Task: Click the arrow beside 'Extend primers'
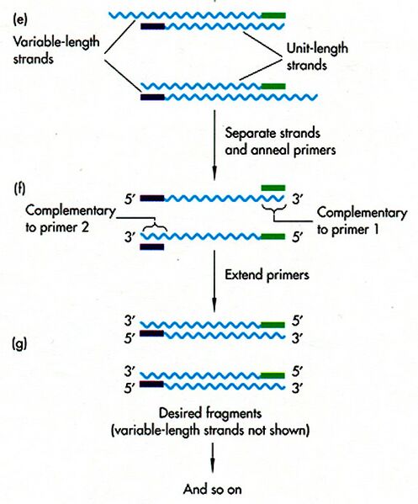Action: coord(213,278)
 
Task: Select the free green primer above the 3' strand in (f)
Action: coord(273,186)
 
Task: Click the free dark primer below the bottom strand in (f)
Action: coord(153,247)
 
